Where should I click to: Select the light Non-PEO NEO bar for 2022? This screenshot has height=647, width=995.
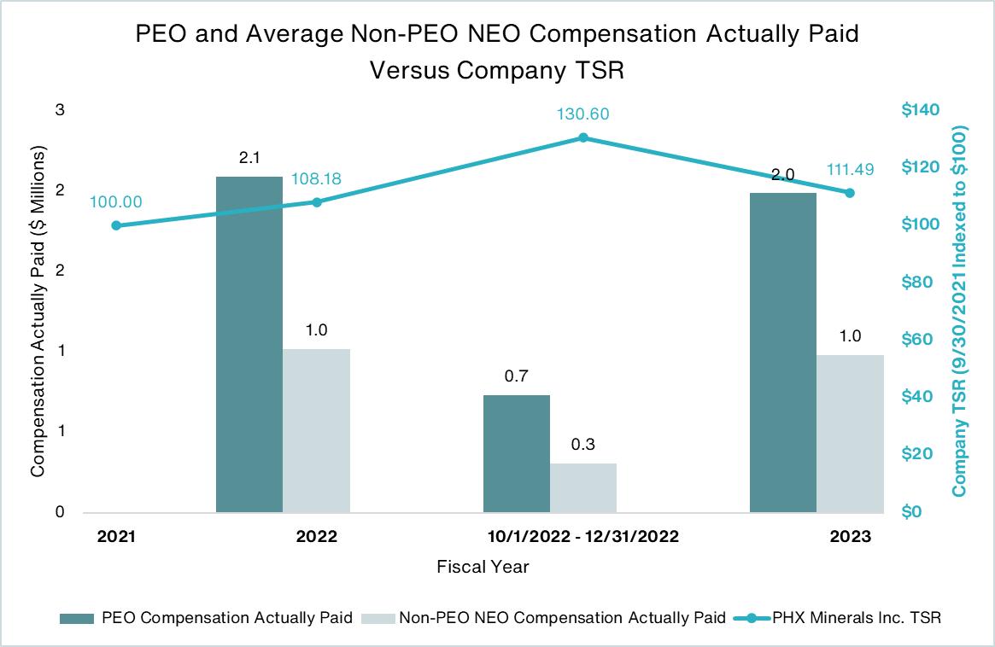pyautogui.click(x=316, y=430)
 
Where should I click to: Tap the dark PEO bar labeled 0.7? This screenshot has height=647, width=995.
pyautogui.click(x=516, y=453)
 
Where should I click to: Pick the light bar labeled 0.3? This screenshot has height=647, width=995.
pyautogui.click(x=582, y=487)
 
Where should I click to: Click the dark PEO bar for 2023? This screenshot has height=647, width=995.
pyautogui.click(x=782, y=352)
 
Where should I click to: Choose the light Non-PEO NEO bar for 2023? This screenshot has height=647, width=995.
pyautogui.click(x=849, y=433)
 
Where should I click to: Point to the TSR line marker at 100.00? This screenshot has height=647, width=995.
pyautogui.click(x=116, y=225)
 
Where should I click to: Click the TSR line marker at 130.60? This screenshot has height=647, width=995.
pyautogui.click(x=583, y=137)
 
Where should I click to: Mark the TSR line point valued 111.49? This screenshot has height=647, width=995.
pyautogui.click(x=850, y=193)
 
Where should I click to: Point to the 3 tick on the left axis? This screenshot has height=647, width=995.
pyautogui.click(x=61, y=110)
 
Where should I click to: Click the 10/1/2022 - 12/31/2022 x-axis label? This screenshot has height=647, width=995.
pyautogui.click(x=583, y=537)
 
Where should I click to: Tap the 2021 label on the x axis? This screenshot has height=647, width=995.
pyautogui.click(x=116, y=537)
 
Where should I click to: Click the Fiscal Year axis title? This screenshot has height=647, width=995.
pyautogui.click(x=483, y=566)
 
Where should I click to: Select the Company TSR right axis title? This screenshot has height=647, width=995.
pyautogui.click(x=960, y=312)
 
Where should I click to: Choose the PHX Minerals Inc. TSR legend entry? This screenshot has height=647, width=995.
pyautogui.click(x=857, y=618)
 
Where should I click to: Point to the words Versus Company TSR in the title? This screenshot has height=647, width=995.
pyautogui.click(x=497, y=70)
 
